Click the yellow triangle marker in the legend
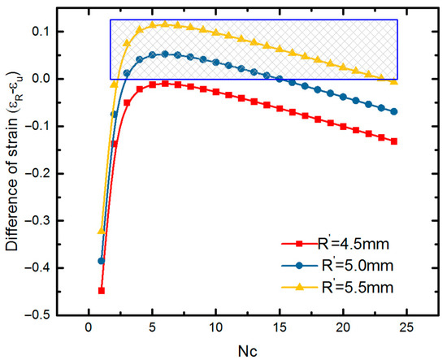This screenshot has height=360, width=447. point(300,287)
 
